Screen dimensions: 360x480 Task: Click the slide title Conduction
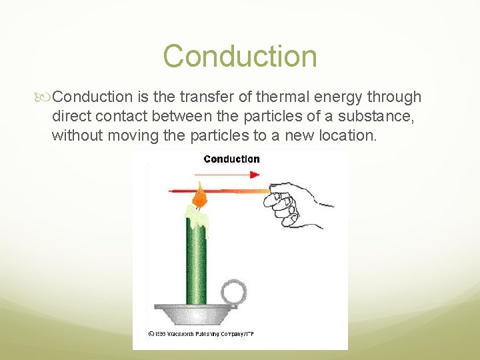click(x=240, y=56)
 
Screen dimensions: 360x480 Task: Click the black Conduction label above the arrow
click(x=231, y=159)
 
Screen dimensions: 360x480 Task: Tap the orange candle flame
click(x=200, y=195)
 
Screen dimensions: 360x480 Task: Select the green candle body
click(x=196, y=260)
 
